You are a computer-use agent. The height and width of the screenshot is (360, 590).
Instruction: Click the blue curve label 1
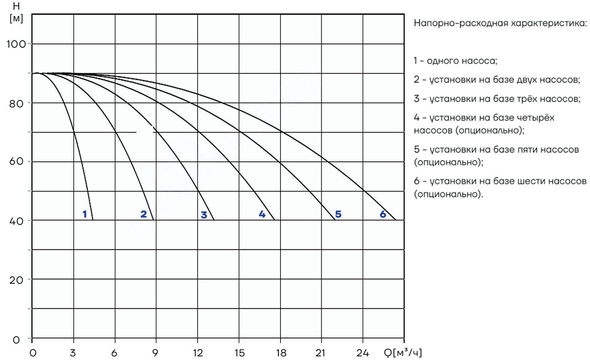tap(85, 214)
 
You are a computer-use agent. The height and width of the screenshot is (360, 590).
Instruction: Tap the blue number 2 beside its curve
tap(144, 214)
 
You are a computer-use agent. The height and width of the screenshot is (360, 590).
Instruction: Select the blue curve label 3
tap(204, 215)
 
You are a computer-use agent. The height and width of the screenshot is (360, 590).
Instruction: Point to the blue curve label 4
tap(262, 214)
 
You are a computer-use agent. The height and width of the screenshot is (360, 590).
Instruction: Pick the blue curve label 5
tap(338, 214)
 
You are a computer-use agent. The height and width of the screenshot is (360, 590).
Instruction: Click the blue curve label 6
tap(383, 214)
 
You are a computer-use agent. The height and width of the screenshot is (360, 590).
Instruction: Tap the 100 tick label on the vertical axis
tap(16, 44)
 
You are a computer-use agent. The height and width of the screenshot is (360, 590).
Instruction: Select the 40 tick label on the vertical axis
tap(16, 221)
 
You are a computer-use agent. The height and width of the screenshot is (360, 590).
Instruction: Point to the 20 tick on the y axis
tap(16, 280)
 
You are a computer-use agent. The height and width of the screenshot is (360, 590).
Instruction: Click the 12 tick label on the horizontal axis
tap(198, 353)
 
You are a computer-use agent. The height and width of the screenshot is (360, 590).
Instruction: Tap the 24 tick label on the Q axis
tap(363, 353)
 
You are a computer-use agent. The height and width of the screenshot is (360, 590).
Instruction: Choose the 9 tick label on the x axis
tap(155, 353)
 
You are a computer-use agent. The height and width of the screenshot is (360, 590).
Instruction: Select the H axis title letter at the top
tap(16, 6)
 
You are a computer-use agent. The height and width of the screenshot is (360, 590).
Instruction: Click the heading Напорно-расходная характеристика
tap(500, 23)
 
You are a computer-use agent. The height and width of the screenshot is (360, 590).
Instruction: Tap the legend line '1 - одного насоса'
tap(456, 61)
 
